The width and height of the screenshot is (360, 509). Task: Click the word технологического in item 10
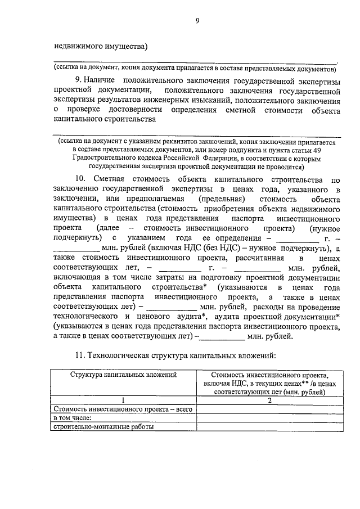coord(84,317)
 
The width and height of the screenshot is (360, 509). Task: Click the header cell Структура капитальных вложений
coord(124,373)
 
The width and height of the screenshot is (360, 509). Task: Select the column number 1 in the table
coord(123,400)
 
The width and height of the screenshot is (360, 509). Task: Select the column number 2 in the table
coord(269,400)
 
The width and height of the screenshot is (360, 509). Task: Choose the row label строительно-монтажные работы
coord(103,426)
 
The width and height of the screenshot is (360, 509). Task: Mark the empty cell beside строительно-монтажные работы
coord(269,426)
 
